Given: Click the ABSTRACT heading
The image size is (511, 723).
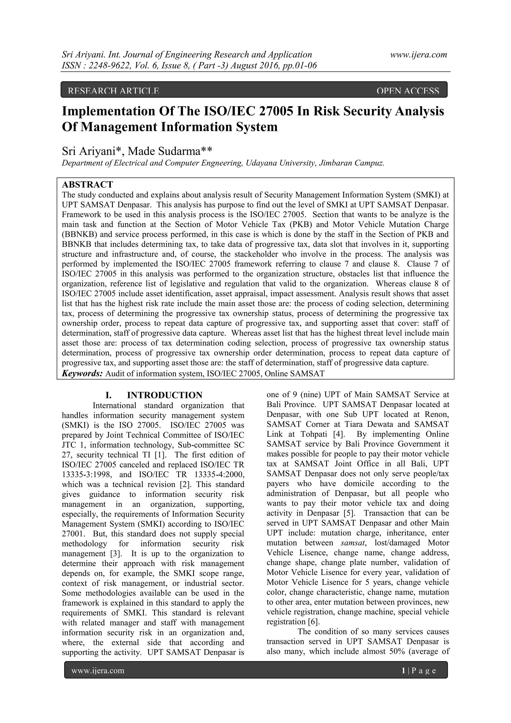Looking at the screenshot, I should tap(87, 184).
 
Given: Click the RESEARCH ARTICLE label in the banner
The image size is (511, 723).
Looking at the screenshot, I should tap(113, 91).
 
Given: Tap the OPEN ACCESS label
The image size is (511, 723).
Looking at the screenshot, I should tap(407, 91).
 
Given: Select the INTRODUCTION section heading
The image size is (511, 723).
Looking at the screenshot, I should tap(164, 395).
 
